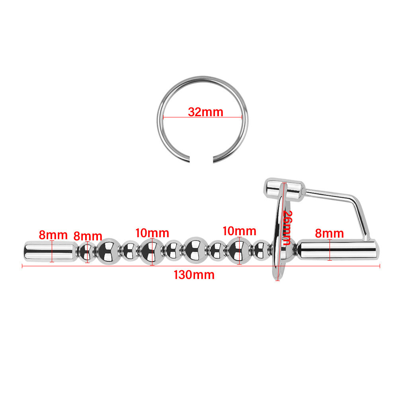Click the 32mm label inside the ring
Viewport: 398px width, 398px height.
point(206,112)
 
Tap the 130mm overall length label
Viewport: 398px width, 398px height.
point(194,275)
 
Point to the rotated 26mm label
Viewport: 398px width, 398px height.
point(287,228)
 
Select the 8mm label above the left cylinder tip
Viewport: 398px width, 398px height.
point(53,235)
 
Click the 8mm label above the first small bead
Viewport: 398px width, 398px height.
point(88,236)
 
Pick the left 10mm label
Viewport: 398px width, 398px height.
point(152,233)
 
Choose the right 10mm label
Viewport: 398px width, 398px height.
point(239,231)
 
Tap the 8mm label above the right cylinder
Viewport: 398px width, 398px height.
point(330,233)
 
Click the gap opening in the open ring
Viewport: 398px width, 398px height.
point(201,160)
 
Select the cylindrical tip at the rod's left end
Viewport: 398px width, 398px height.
point(50,251)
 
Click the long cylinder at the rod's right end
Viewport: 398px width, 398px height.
point(338,250)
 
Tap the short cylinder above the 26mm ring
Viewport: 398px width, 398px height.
point(284,189)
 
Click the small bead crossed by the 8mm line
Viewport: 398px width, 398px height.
point(87,252)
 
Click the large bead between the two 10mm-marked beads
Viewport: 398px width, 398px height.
point(196,250)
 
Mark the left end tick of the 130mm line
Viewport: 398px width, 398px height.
point(22,266)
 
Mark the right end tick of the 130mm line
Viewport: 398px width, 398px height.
point(380,266)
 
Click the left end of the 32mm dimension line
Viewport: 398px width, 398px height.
point(164,117)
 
